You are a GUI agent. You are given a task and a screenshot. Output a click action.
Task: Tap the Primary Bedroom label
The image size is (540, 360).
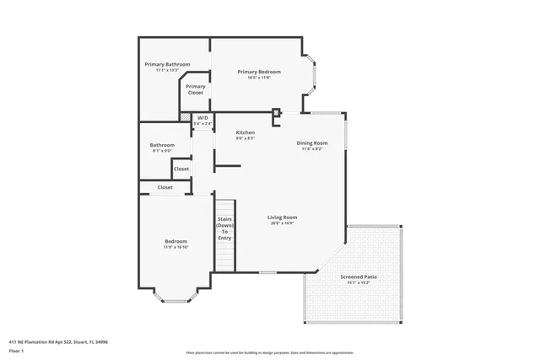[258, 72]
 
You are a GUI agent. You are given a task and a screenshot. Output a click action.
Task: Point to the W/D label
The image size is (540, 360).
[202, 118]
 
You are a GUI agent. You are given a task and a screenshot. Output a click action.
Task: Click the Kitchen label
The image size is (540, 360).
[245, 132]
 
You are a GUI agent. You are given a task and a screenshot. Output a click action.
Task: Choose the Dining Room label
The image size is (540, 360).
[311, 143]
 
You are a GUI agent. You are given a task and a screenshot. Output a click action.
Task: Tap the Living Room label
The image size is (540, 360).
[283, 217]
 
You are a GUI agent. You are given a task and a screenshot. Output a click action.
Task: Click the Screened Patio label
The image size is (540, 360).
[359, 277]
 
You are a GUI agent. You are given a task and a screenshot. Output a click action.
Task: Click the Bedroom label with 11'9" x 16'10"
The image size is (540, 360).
[175, 242]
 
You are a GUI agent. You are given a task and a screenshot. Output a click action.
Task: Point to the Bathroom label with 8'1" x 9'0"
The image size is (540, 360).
[162, 145]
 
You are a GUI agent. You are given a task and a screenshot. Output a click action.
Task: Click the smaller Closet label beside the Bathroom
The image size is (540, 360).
[181, 169]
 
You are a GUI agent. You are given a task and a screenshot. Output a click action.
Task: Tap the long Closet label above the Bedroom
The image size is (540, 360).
[165, 187]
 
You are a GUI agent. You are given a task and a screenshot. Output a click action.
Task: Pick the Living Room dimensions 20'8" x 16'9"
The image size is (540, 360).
[283, 223]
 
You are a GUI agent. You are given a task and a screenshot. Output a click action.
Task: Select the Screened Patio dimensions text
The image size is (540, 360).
[359, 283]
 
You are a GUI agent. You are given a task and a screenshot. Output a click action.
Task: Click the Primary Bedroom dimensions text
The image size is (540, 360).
[258, 78]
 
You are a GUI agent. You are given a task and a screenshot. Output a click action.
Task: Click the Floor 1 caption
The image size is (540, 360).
[16, 350]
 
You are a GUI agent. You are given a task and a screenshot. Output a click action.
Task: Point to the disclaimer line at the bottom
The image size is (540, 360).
[269, 352]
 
